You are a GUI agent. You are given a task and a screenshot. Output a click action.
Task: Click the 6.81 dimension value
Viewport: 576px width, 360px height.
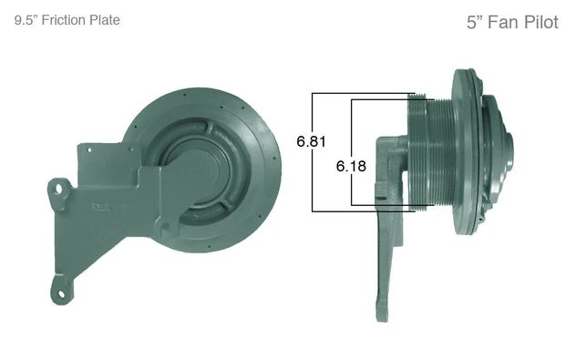(311, 141)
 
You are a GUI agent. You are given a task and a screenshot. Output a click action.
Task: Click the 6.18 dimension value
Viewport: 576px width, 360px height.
(351, 166)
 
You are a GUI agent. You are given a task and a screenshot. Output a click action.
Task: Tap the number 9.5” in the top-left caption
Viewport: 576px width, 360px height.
(26, 20)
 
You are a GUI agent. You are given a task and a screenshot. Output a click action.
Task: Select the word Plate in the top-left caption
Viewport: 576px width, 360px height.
(106, 20)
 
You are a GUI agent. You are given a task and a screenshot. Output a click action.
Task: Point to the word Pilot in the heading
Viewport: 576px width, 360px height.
(540, 23)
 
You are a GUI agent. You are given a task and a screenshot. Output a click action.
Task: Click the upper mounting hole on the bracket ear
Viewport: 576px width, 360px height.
(58, 190)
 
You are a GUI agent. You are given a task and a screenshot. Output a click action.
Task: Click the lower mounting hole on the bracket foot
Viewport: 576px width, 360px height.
(61, 293)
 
